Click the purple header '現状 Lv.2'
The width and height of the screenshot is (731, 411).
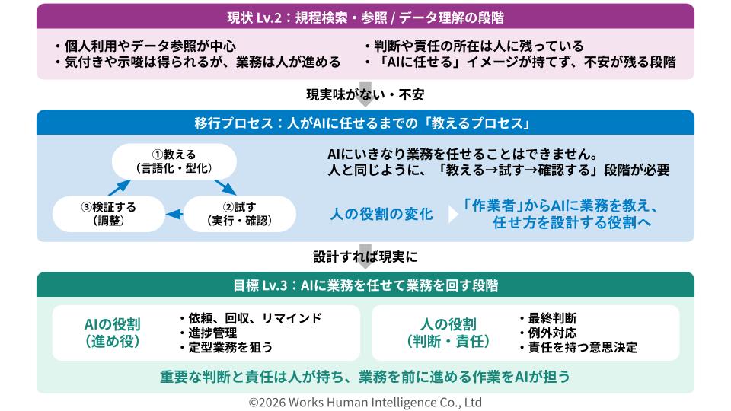coord(365,17)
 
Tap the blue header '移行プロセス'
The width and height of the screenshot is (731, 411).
coord(365,123)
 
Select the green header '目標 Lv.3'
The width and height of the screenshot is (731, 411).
coord(365,285)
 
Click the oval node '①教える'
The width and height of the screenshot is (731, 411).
coord(174,161)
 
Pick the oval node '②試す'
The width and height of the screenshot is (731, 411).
coord(240,214)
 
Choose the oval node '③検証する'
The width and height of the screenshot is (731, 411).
coord(109,214)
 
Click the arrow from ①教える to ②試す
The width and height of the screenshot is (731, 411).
coord(225,187)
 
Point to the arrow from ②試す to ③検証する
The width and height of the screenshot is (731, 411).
coord(174,215)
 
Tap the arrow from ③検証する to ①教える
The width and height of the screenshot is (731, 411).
coord(120,187)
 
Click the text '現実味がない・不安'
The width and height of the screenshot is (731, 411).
coord(365,94)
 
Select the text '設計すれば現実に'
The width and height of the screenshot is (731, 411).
coord(365,256)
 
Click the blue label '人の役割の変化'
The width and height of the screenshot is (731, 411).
coord(381,214)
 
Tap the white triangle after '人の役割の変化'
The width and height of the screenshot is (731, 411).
coord(452,215)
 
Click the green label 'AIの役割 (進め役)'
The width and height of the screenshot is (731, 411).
coord(113,333)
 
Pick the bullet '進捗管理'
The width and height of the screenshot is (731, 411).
coord(208,333)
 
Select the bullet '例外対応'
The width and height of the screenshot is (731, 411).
coord(547,333)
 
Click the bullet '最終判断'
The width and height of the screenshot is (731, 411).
coord(547,318)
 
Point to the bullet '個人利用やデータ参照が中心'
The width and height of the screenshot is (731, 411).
coord(145,46)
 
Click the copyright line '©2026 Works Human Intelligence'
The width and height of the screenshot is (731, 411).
coord(365,402)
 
